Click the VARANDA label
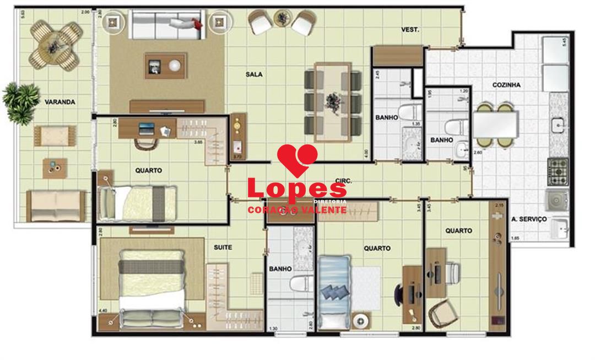pos(59,102)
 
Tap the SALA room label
pos(254,74)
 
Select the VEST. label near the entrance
pos(410,30)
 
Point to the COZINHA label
pos(506,85)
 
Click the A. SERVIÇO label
pos(529,219)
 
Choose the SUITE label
pos(223,248)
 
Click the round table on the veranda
pos(55,41)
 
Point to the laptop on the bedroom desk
pos(147,129)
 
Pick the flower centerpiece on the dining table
pos(333,101)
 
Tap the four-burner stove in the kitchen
pos(558,171)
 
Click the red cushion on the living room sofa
pos(194,23)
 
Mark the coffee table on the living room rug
pos(166,66)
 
